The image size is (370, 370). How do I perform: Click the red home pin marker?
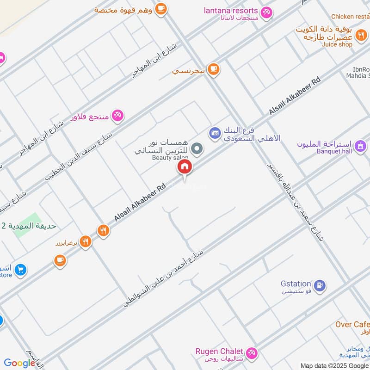tap(184, 167)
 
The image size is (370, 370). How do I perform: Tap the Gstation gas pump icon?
tap(319, 286)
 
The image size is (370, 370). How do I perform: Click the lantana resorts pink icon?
tap(266, 12)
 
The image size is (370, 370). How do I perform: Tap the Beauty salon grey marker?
tap(197, 148)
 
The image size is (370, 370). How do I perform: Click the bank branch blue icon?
tap(214, 133)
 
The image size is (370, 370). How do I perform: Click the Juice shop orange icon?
tap(362, 34)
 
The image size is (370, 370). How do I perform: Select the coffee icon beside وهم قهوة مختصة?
tap(160, 8)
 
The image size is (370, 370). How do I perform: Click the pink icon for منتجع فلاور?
tap(117, 116)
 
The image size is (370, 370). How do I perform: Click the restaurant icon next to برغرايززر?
tap(85, 241)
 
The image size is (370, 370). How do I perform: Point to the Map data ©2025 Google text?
tap(334, 365)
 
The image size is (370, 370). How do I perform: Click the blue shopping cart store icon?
tap(20, 269)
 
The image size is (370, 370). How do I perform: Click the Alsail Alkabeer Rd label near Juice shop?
tap(295, 97)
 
